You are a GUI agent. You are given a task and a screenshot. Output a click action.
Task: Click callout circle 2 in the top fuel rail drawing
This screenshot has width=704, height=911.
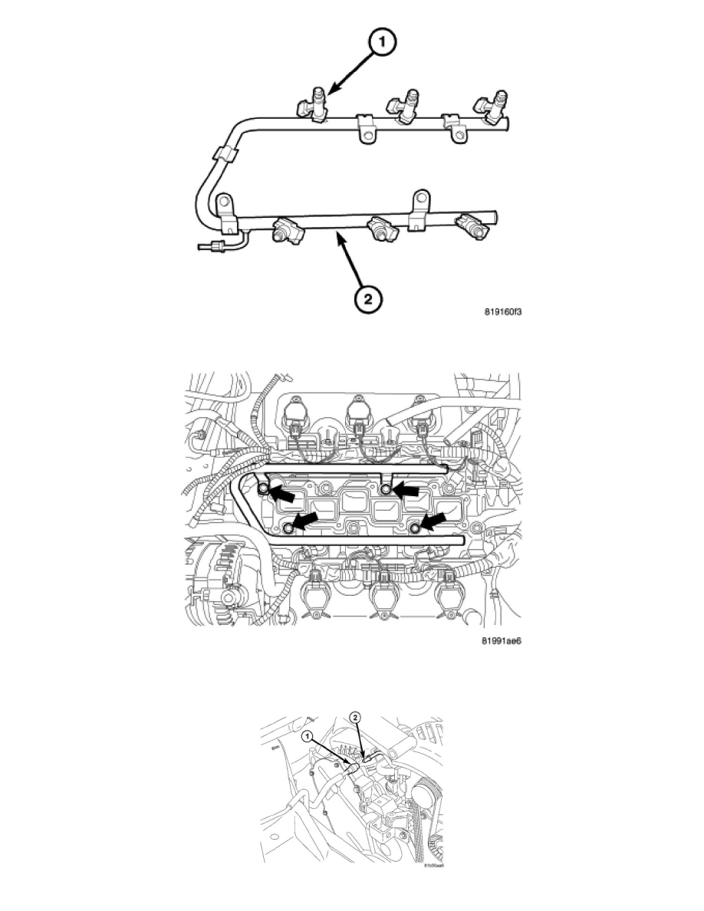pyautogui.click(x=369, y=299)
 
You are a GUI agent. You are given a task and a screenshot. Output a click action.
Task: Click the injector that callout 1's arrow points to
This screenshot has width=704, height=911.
pyautogui.click(x=314, y=106)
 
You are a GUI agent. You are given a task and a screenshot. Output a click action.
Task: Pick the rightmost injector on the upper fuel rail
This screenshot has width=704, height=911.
pyautogui.click(x=491, y=108)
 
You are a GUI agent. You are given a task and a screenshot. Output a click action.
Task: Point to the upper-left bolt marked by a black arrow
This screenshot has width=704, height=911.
pyautogui.click(x=264, y=489)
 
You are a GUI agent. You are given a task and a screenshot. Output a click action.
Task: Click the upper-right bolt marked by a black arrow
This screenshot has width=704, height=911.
pyautogui.click(x=387, y=489)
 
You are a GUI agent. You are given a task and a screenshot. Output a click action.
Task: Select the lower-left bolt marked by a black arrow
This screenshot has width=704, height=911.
pyautogui.click(x=289, y=528)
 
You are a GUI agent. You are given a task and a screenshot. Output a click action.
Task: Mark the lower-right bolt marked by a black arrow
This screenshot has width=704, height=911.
pyautogui.click(x=415, y=528)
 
